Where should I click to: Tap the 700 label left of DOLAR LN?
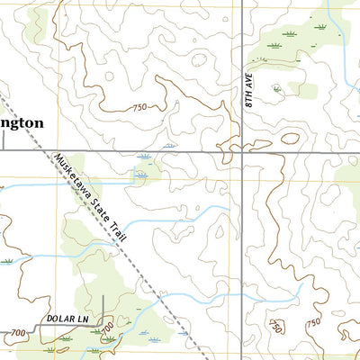click(17, 333)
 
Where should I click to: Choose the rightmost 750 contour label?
click(312, 323)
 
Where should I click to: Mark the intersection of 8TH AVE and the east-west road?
click(242, 150)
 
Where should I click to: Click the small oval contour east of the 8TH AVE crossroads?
click(290, 139)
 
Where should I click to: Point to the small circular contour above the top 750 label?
click(108, 76)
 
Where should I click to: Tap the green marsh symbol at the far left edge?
click(7, 261)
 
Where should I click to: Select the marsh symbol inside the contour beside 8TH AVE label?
click(276, 88)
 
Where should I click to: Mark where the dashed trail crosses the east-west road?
click(49, 150)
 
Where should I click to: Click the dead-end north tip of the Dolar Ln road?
click(103, 296)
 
